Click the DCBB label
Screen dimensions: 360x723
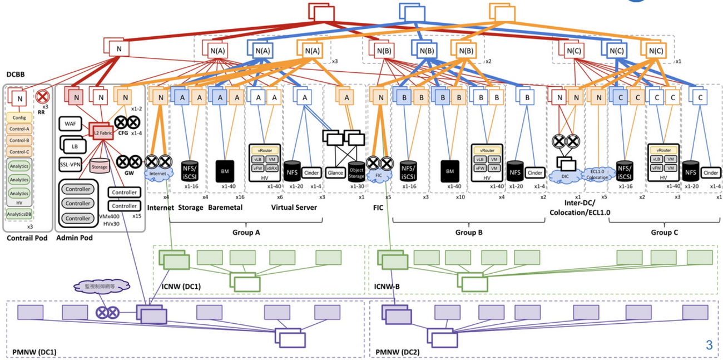pos(15,75)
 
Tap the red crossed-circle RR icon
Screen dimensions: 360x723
pos(41,96)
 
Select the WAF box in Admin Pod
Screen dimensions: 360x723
pos(71,124)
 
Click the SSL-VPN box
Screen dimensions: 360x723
pos(71,164)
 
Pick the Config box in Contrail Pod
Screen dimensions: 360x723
pos(19,117)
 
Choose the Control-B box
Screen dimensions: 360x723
pos(19,141)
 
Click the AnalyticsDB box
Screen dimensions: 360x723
pos(19,213)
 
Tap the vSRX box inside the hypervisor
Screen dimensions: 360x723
pos(272,167)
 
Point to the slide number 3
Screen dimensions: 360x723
pos(709,345)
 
